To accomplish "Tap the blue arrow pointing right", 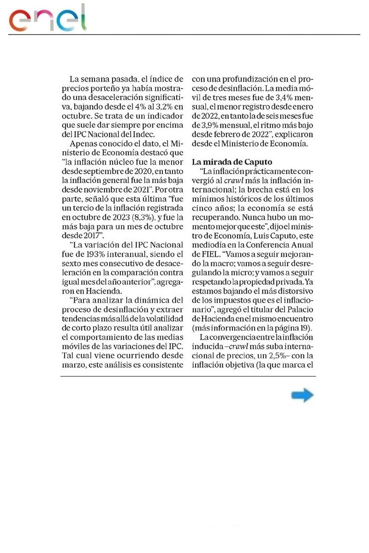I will (x=303, y=395).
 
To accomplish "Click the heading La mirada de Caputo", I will (x=232, y=162).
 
